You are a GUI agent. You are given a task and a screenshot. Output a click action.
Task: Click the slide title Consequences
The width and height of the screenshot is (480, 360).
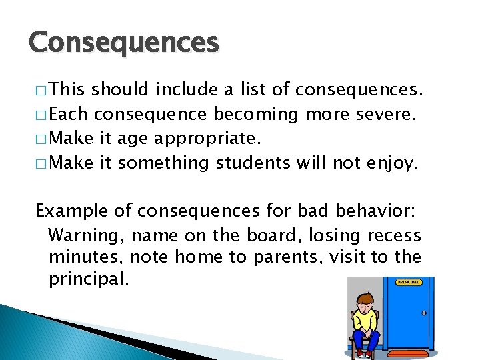[x=123, y=43]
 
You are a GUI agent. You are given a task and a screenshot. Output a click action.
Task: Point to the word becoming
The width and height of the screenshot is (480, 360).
[x=256, y=115]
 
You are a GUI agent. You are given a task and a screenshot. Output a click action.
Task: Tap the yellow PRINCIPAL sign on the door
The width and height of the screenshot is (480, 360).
[x=408, y=283]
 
